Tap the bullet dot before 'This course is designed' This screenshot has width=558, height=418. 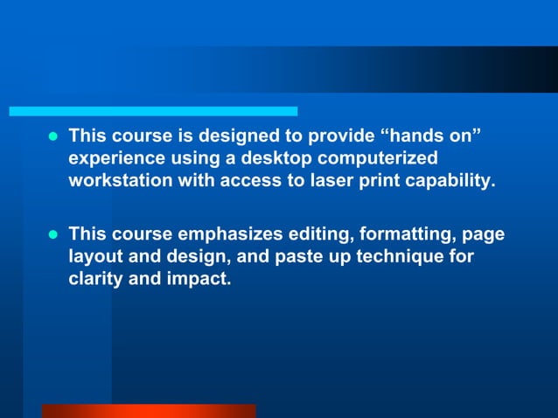[x=52, y=138]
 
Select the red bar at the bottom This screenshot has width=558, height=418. [x=149, y=410]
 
